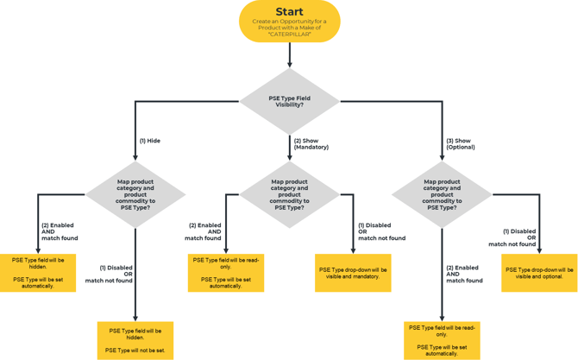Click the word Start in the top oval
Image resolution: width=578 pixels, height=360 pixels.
point(289,12)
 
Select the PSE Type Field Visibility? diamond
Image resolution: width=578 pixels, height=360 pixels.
point(290,101)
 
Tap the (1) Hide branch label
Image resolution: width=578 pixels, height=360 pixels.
point(150,141)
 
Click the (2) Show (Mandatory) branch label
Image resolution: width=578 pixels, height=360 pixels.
point(311,143)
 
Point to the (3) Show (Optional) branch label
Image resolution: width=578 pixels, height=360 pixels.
point(461,143)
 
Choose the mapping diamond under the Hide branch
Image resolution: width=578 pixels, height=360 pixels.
point(135,194)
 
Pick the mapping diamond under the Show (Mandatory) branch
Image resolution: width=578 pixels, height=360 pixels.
point(290,194)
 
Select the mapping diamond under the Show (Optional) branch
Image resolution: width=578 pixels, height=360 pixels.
point(442,194)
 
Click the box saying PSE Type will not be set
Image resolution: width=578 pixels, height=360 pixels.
point(135,340)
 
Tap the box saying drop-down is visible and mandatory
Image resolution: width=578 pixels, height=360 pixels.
point(353,273)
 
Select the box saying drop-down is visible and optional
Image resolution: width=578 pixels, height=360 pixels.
point(539,273)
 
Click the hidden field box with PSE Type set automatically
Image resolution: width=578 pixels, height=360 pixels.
point(38,272)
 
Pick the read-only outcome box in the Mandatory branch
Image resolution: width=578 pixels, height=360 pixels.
point(226,272)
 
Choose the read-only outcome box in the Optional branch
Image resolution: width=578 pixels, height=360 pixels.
point(442,340)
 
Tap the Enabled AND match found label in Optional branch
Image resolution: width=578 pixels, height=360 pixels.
point(464,274)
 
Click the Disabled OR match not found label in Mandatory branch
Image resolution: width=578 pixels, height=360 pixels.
point(381,231)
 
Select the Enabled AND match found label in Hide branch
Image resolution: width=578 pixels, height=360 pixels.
point(60,231)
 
